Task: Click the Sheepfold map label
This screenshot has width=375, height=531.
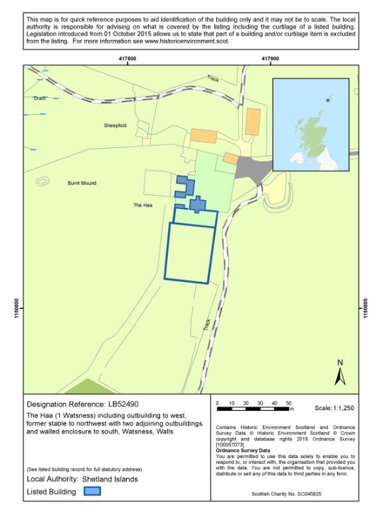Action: [115, 125]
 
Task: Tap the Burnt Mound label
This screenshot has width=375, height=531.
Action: [82, 183]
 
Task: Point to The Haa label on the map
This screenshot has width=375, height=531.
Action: [143, 206]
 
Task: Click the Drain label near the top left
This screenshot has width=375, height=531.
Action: [40, 98]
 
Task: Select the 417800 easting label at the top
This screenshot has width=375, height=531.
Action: [127, 59]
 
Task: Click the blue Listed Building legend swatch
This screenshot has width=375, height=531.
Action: [92, 492]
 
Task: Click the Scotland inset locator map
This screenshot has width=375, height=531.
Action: [311, 125]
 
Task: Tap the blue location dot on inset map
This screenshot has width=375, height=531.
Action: [328, 100]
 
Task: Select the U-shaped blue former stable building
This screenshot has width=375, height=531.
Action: [185, 186]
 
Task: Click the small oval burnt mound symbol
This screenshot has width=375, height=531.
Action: [42, 181]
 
